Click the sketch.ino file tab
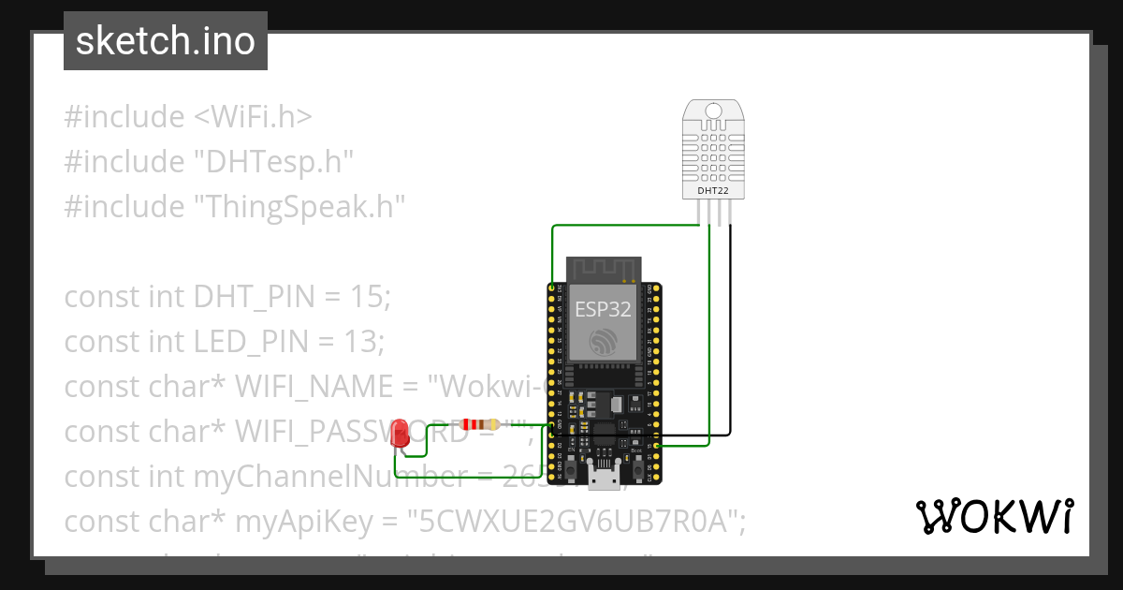tap(165, 41)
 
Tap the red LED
tap(400, 433)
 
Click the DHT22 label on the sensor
tap(713, 191)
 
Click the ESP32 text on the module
tap(603, 310)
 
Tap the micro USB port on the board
tap(604, 476)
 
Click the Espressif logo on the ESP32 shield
tap(604, 341)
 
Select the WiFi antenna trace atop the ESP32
tap(604, 269)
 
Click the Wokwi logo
tap(994, 516)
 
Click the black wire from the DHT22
tap(730, 328)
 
